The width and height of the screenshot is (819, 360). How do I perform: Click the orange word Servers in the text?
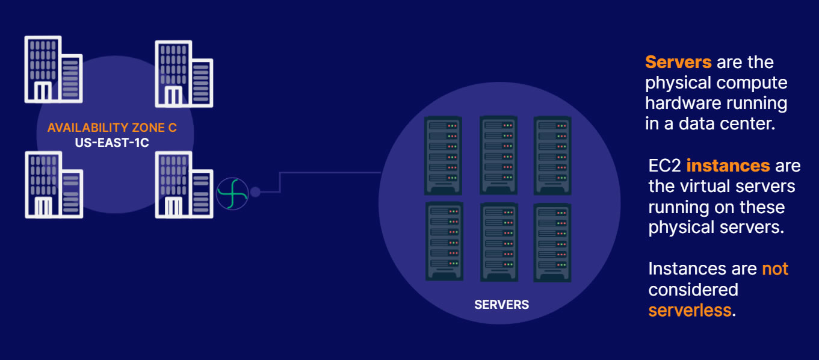pyautogui.click(x=678, y=62)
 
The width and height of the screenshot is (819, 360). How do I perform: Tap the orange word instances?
pyautogui.click(x=728, y=166)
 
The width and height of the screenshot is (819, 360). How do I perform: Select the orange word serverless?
pyautogui.click(x=690, y=310)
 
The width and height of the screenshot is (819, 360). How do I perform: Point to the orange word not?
pyautogui.click(x=774, y=269)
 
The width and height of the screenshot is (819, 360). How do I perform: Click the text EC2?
pyautogui.click(x=665, y=166)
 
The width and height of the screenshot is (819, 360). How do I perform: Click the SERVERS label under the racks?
pyautogui.click(x=501, y=305)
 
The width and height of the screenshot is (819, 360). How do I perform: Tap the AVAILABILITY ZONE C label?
pyautogui.click(x=112, y=127)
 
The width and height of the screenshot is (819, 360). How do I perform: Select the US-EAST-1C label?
pyautogui.click(x=112, y=142)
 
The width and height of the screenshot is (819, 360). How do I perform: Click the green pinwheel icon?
pyautogui.click(x=232, y=193)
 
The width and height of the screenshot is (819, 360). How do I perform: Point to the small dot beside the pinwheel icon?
pyautogui.click(x=256, y=191)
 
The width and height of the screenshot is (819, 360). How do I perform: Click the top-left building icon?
pyautogui.click(x=54, y=69)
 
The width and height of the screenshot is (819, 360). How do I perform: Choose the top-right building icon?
pyautogui.click(x=184, y=74)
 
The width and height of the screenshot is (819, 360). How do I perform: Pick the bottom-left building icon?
pyautogui.click(x=54, y=185)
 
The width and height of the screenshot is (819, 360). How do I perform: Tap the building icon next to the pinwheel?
pyautogui.click(x=184, y=185)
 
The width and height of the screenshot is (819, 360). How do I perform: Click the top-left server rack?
pyautogui.click(x=443, y=155)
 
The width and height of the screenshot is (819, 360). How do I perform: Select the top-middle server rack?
pyautogui.click(x=499, y=155)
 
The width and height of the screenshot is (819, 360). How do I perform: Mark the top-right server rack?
pyautogui.click(x=552, y=155)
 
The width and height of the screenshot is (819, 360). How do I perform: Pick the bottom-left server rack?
pyautogui.click(x=444, y=241)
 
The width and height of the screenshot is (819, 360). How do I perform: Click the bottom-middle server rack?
pyautogui.click(x=499, y=242)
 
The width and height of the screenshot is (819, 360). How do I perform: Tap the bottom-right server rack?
pyautogui.click(x=552, y=243)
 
